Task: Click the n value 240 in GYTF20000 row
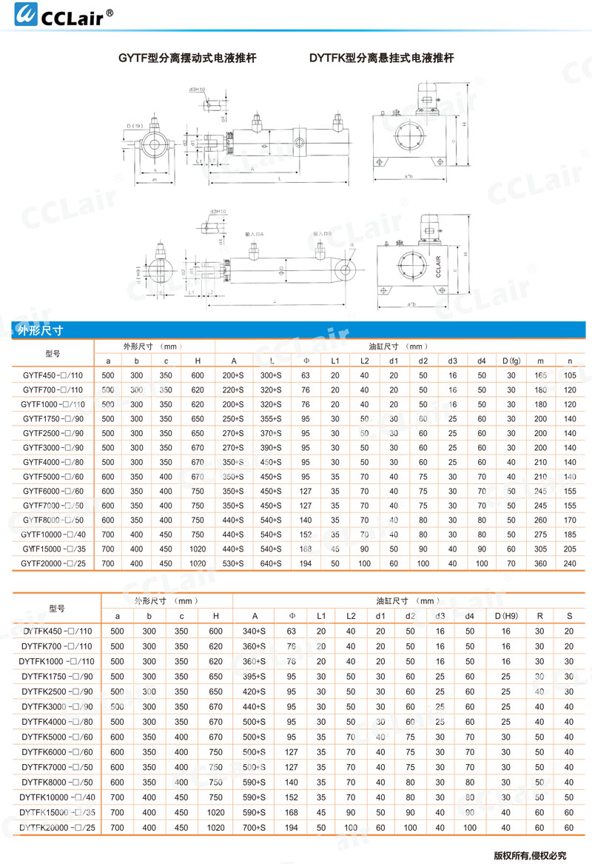569,564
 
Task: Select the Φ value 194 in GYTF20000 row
306,564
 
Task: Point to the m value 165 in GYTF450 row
541,376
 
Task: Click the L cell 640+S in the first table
272,564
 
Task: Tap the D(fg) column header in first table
511,361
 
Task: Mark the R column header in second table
539,616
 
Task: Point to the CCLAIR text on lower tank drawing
438,267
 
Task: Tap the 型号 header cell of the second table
57,609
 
